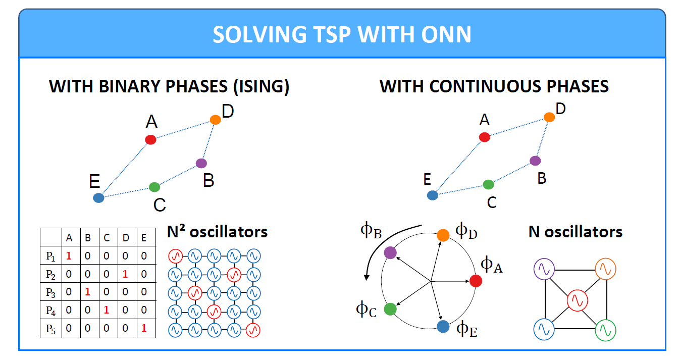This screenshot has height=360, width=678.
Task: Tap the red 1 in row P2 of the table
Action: [125, 274]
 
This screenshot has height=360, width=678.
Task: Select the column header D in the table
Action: [126, 238]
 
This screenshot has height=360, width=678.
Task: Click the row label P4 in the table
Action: [50, 311]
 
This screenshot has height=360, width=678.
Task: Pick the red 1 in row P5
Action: [144, 328]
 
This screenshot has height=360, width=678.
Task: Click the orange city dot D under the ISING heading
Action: [215, 120]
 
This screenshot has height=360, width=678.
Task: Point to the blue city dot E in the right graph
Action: [433, 195]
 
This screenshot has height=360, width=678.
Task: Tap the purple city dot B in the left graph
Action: [201, 163]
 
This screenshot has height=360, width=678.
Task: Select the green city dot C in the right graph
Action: [488, 184]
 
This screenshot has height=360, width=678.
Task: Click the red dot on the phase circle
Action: [476, 281]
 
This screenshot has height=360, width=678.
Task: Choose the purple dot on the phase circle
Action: [390, 252]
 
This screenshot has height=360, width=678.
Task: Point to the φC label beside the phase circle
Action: [366, 310]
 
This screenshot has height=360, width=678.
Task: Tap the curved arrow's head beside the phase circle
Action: [367, 277]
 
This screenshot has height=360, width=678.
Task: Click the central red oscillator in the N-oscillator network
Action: [577, 300]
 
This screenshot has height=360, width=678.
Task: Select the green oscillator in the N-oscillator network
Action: [606, 330]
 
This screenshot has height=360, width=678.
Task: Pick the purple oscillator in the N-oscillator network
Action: [544, 269]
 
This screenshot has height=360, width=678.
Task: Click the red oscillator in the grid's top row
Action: [176, 256]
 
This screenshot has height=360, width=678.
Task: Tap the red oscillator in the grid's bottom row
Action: [253, 330]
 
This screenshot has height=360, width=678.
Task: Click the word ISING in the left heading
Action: [261, 87]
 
